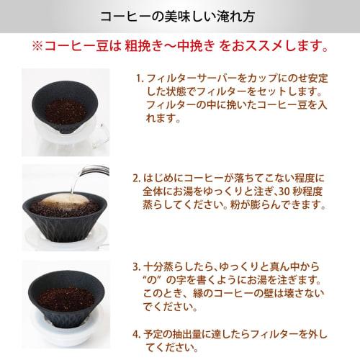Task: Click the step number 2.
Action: (x=138, y=178)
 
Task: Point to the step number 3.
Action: (x=137, y=265)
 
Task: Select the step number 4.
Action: (x=137, y=334)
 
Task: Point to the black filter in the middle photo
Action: (x=65, y=223)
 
